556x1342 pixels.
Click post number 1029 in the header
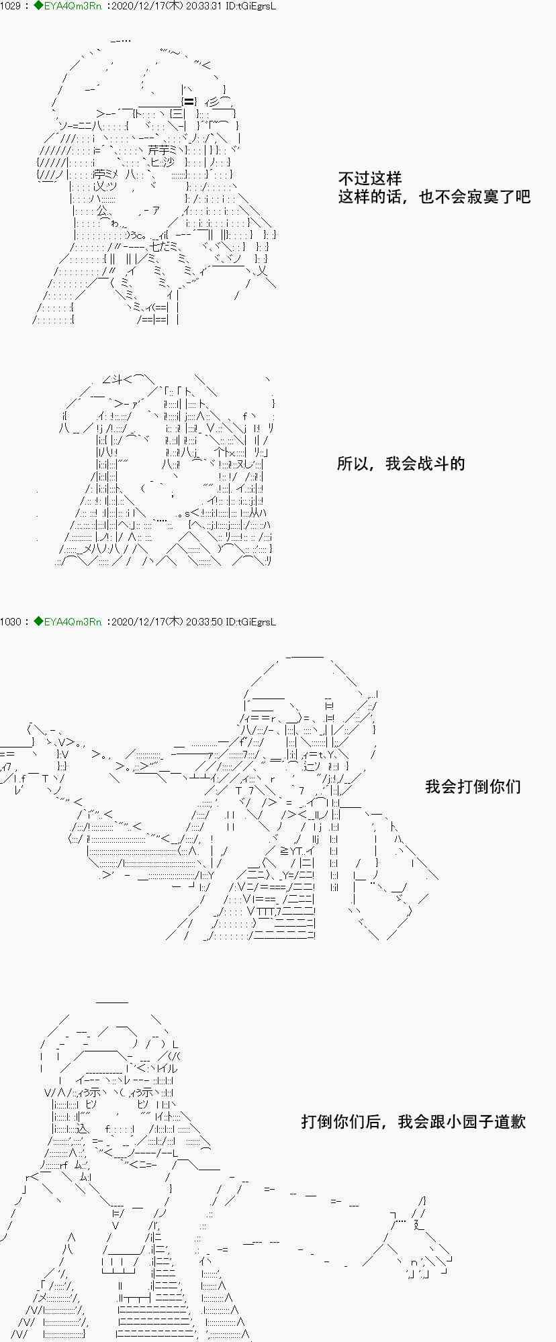coord(11,6)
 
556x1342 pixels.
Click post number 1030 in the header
coord(11,622)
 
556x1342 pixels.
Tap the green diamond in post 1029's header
coord(38,6)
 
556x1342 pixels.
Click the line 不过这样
coord(369,178)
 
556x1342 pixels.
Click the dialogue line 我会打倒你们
coord(473,786)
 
